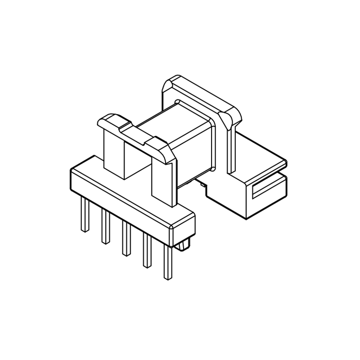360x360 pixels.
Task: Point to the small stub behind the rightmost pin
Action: click(184, 246)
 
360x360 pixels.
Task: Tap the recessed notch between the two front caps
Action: click(135, 133)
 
